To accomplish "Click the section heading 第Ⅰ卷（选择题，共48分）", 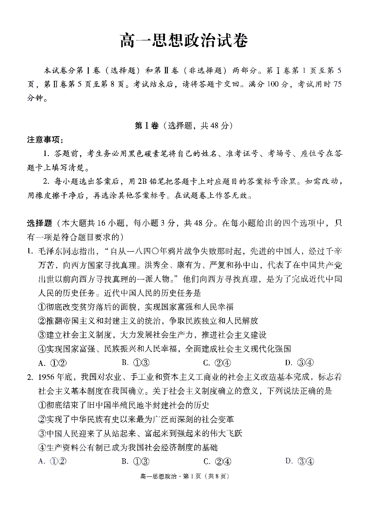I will (x=184, y=126).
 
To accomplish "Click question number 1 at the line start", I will (x=30, y=252).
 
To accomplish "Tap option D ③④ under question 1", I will (x=300, y=363).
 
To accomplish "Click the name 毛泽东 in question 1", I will (x=51, y=252).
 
